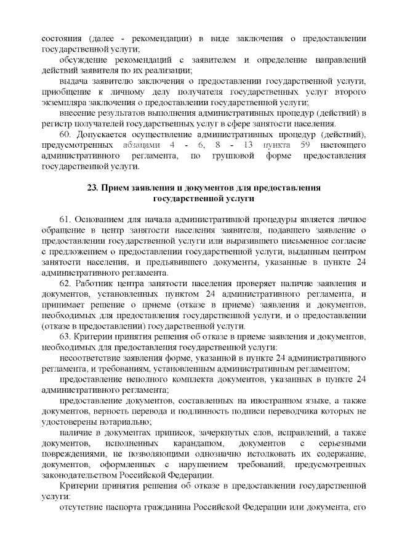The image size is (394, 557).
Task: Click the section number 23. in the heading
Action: point(94,187)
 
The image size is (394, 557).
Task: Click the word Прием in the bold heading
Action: point(117,187)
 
